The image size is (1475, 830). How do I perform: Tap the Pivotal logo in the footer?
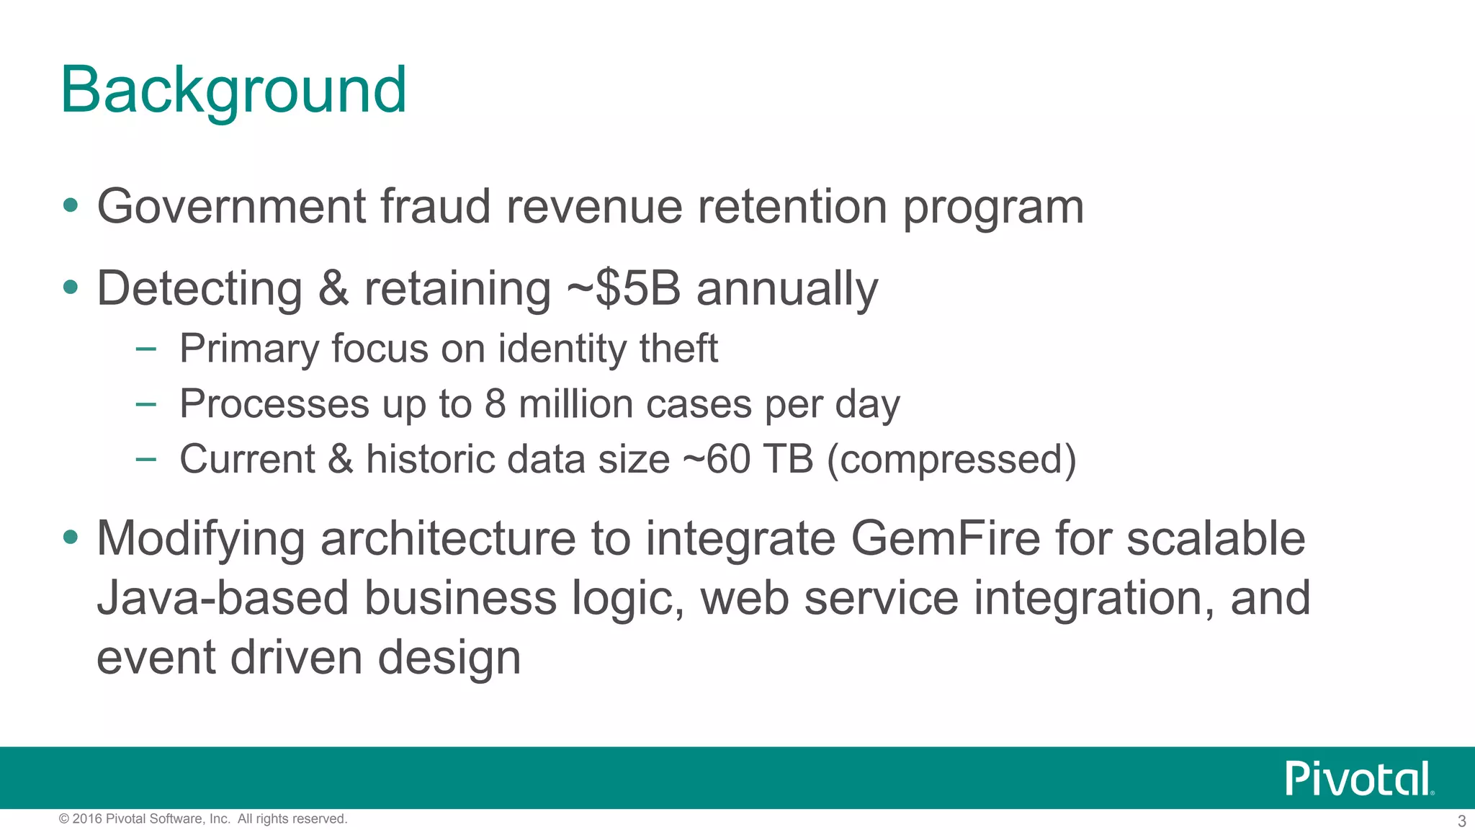click(1358, 779)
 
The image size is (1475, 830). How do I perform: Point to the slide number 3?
click(1461, 821)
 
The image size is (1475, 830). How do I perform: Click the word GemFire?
click(945, 538)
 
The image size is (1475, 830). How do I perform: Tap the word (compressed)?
click(951, 459)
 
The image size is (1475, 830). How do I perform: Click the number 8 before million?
click(495, 403)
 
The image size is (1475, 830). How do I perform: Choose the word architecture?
click(448, 538)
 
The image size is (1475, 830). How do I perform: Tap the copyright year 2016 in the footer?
click(86, 819)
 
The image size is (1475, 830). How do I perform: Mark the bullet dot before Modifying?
click(70, 537)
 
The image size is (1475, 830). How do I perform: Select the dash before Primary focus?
click(145, 349)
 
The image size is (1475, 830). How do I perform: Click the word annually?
click(787, 288)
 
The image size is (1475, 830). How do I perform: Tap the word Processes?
click(274, 403)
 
